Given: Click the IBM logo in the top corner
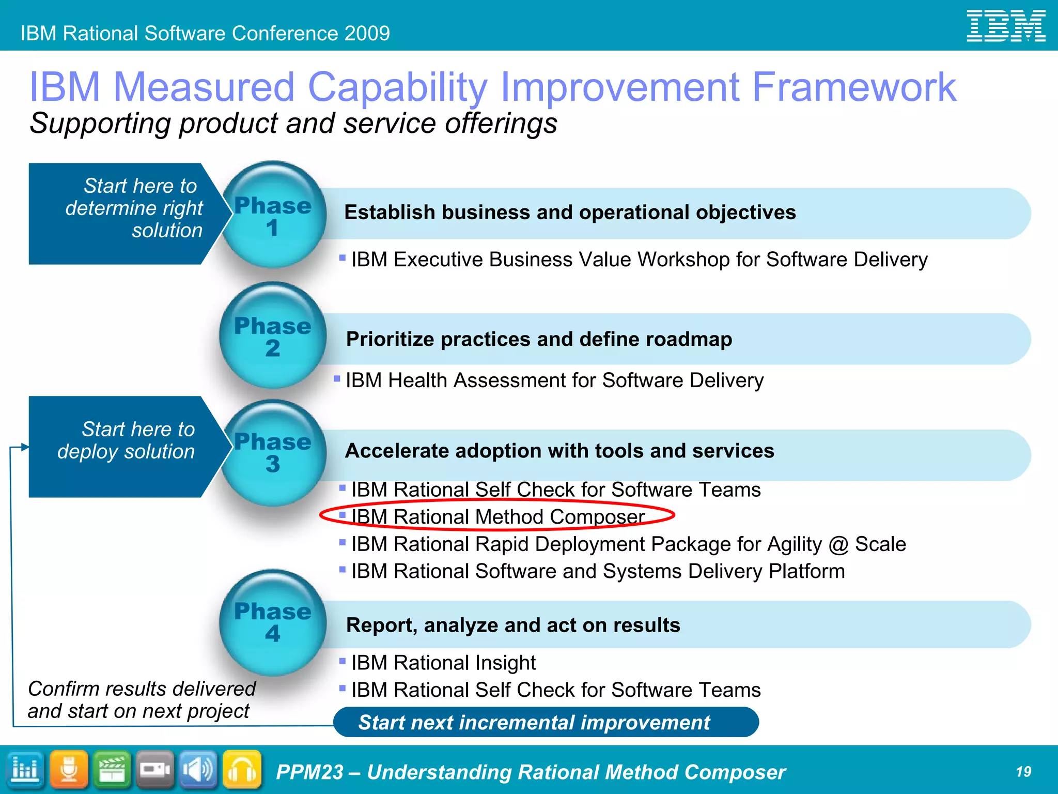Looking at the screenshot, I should (1005, 26).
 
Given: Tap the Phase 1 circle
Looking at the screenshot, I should (273, 215).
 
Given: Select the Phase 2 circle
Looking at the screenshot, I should (273, 335).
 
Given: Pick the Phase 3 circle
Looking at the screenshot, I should (273, 452).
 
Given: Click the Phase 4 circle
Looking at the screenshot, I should (273, 622).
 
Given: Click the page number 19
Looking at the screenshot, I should (1023, 772).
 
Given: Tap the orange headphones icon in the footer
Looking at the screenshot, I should (242, 770).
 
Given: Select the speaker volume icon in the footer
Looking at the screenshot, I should (198, 770).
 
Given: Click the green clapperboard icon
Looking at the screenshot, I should (112, 770).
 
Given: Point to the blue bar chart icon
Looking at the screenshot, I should (25, 770).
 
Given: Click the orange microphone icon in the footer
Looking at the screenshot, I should (69, 770).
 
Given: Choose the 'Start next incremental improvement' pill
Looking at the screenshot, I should (546, 722).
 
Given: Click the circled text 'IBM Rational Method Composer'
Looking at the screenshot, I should (497, 516).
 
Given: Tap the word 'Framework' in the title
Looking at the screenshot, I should (853, 87).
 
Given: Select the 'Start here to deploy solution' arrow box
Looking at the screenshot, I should (124, 447).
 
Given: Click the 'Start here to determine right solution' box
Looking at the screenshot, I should (124, 213).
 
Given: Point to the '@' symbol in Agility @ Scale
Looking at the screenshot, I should (838, 545).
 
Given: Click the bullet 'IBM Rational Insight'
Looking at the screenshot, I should (443, 663).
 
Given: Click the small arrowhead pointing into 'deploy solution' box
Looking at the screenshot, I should (24, 447).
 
